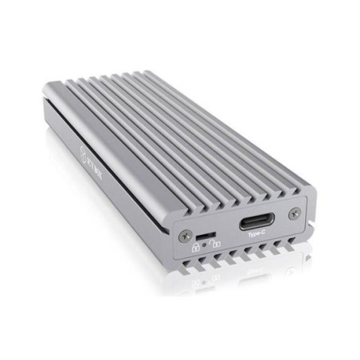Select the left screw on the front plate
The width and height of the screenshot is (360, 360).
(x=186, y=236)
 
